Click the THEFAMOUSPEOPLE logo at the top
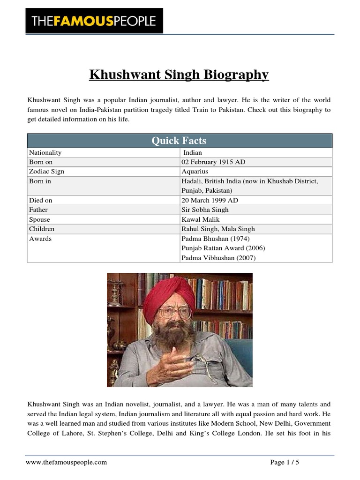(x=94, y=21)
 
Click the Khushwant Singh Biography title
(x=179, y=75)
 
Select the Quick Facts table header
(x=179, y=141)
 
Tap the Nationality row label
(x=45, y=153)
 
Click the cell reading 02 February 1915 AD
(x=213, y=162)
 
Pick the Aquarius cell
(x=195, y=172)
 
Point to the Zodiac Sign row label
(x=47, y=172)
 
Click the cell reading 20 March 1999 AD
(x=210, y=200)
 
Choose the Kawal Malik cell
(x=201, y=219)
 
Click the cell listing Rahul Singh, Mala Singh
(x=218, y=229)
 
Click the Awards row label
(x=40, y=239)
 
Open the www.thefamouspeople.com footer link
(x=67, y=462)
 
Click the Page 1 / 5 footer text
(x=285, y=462)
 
